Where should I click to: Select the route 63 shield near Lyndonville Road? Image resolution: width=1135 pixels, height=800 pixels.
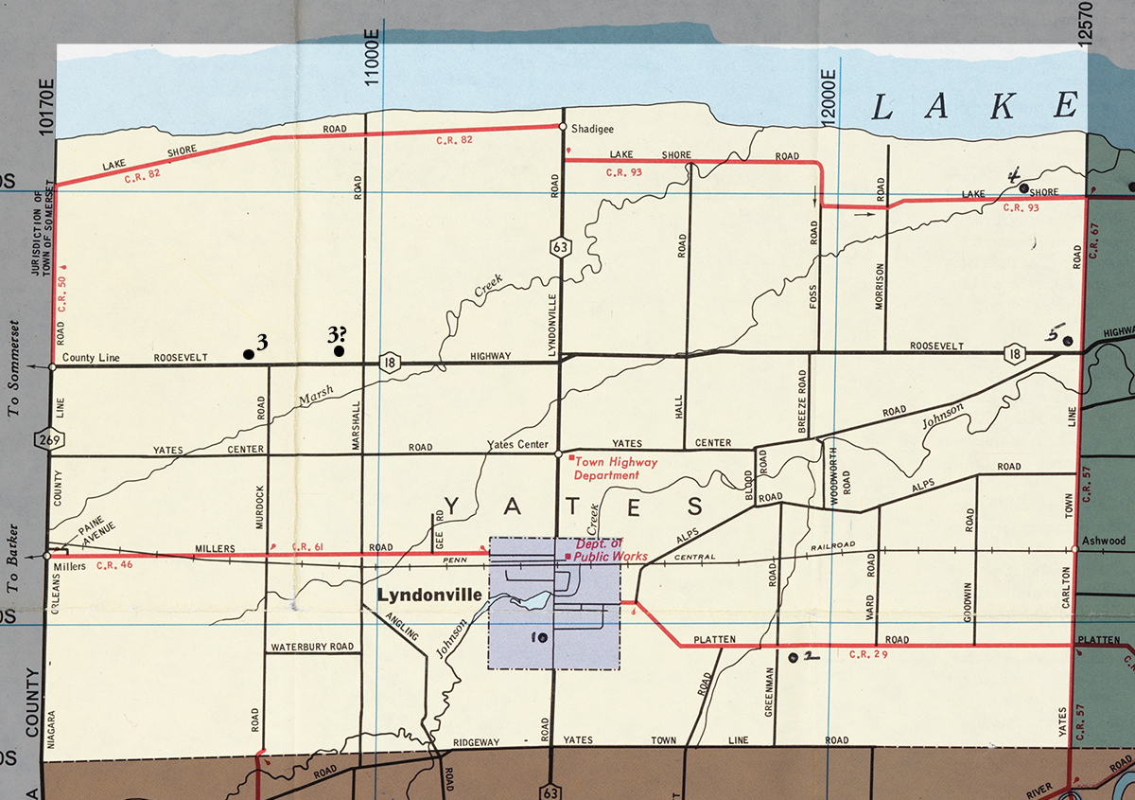click(559, 248)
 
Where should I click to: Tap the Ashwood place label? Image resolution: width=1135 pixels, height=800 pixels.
click(1105, 542)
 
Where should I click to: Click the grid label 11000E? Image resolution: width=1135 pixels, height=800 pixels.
click(373, 58)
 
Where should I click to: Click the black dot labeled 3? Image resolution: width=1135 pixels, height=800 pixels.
click(339, 351)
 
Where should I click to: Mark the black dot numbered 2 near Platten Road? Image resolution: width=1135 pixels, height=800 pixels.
click(793, 655)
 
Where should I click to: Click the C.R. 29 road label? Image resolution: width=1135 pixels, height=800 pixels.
click(868, 654)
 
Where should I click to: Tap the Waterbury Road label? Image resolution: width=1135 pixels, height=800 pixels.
click(311, 649)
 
